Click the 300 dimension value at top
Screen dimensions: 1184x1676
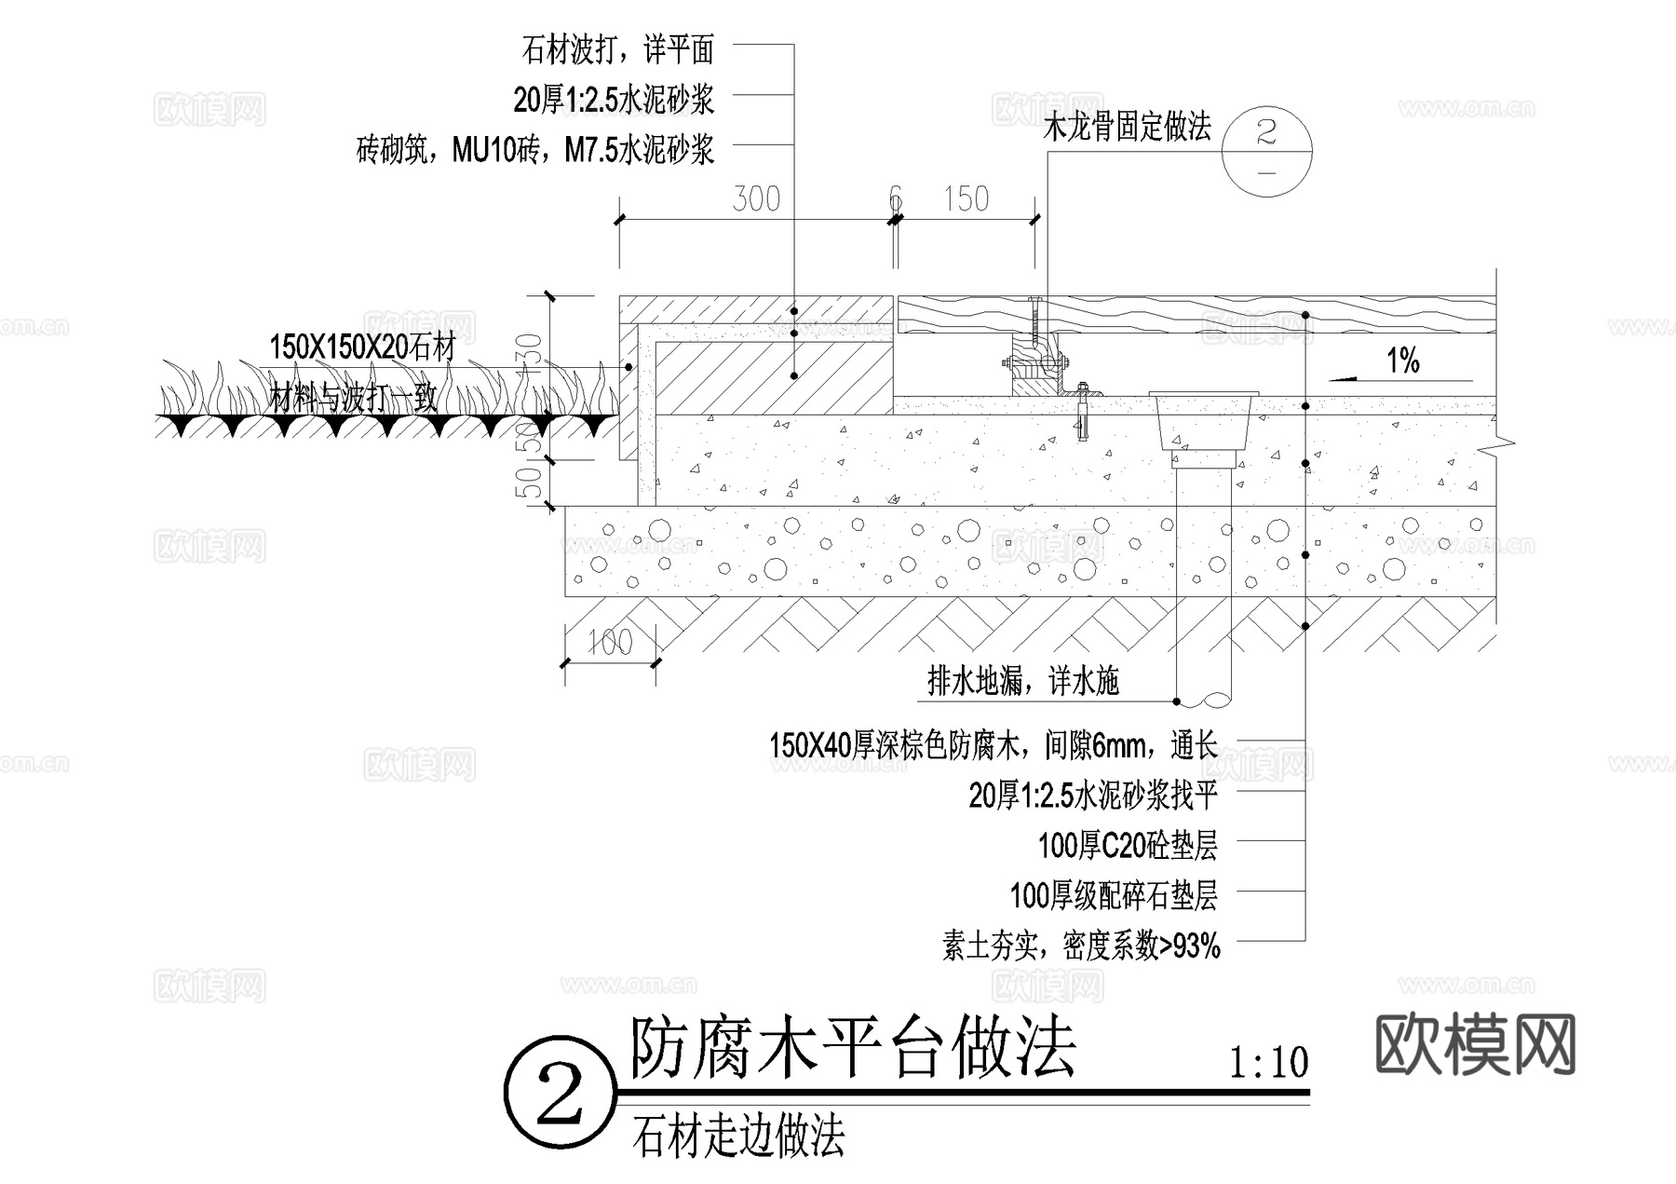(755, 198)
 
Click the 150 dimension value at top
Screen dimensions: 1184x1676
(966, 198)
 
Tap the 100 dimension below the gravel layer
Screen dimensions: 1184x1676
(610, 642)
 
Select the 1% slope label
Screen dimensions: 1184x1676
(1403, 361)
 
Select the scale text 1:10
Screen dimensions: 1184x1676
(1268, 1062)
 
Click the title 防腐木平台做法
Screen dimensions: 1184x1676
(852, 1048)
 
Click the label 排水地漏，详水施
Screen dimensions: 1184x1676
(1022, 682)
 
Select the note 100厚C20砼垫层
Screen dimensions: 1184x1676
(1128, 846)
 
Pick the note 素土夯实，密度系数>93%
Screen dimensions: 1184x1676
(1081, 946)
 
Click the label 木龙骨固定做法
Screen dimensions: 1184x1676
(1127, 127)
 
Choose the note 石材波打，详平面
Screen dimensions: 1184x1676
(618, 49)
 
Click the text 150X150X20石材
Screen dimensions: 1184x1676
(362, 347)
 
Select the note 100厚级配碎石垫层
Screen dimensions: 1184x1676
(1114, 896)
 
